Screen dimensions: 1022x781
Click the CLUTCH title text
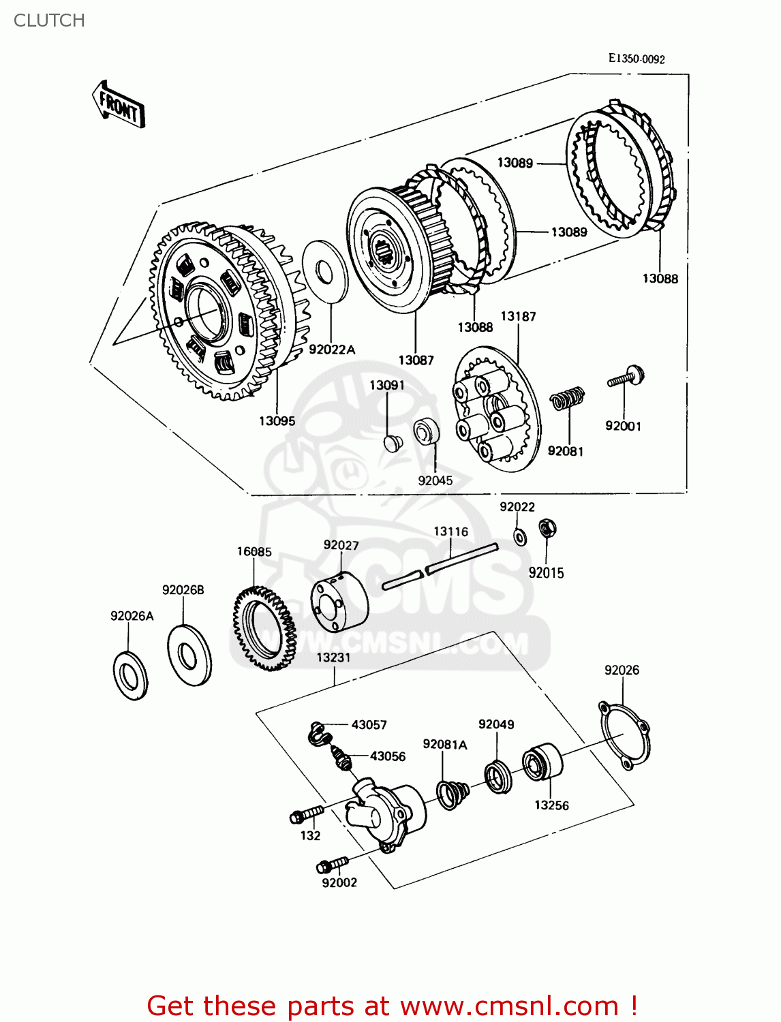(x=49, y=20)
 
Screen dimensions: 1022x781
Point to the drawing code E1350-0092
(x=637, y=59)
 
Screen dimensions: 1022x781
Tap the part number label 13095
(x=277, y=421)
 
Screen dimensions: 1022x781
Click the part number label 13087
(x=416, y=360)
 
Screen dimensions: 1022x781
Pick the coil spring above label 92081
(x=568, y=399)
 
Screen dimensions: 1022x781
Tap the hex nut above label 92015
(x=547, y=527)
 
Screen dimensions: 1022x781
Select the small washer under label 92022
(x=519, y=536)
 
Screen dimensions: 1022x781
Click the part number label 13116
(x=451, y=531)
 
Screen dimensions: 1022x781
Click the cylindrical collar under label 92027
(x=339, y=602)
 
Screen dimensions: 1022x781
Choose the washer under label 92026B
(x=189, y=655)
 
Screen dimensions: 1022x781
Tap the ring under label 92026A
(x=129, y=675)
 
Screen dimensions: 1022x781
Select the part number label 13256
(x=551, y=805)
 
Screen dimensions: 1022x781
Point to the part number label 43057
(x=369, y=725)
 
